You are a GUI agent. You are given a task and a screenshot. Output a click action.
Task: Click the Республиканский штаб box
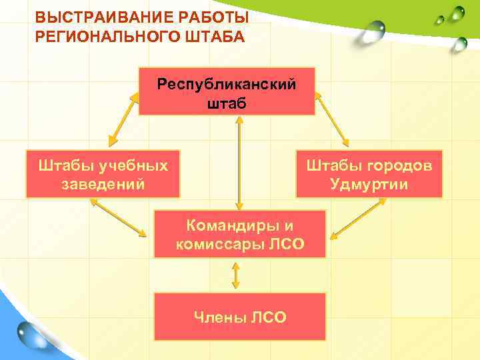[x=227, y=91]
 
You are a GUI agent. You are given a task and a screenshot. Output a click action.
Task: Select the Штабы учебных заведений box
[x=103, y=174]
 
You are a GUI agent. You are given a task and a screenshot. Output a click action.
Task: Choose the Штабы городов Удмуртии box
[x=369, y=174]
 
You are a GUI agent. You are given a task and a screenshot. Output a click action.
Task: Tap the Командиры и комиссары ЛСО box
[x=240, y=234]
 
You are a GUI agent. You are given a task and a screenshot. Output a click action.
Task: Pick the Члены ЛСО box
[x=240, y=317]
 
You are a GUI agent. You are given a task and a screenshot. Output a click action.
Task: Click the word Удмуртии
[x=369, y=184]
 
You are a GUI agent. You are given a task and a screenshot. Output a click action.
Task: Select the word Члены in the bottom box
[x=216, y=317]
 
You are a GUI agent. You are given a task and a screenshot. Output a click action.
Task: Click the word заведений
[x=103, y=184]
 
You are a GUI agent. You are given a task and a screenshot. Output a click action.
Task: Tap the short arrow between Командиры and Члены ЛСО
[x=235, y=275]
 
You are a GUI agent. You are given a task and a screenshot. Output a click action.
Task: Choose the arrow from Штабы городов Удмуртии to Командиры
[x=356, y=219]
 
